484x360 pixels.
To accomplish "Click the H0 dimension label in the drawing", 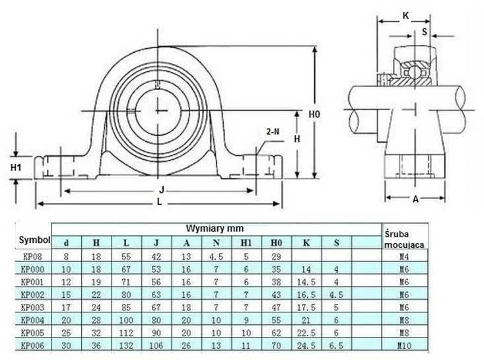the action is pos(314,114).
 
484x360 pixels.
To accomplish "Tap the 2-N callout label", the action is pos(273,132).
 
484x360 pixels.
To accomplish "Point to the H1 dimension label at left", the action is pos(16,167).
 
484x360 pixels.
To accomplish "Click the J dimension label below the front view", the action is pos(161,190).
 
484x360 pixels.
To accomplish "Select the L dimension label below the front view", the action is pos(159,201).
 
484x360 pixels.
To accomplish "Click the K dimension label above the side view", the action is pos(406,15).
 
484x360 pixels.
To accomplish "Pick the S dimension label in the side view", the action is pos(425,32).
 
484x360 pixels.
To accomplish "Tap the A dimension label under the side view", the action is pos(415,199).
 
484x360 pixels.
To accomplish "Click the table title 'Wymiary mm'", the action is pos(215,229).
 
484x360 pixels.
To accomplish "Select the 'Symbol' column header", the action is pos(34,240).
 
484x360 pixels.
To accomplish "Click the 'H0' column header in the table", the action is pos(276,243).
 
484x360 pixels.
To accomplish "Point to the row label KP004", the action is pos(32,320).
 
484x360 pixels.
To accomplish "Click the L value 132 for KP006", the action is pos(126,345).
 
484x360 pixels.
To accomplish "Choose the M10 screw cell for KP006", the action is pos(404,345).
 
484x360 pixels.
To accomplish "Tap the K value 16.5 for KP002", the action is pos(306,295).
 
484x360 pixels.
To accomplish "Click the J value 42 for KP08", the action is pos(156,256).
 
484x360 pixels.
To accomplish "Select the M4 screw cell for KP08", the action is pos(404,256).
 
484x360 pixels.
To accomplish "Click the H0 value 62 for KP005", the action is pos(276,333).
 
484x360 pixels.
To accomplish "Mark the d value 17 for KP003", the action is pos(66,308).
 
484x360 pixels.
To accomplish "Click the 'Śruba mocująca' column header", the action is pos(404,239).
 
